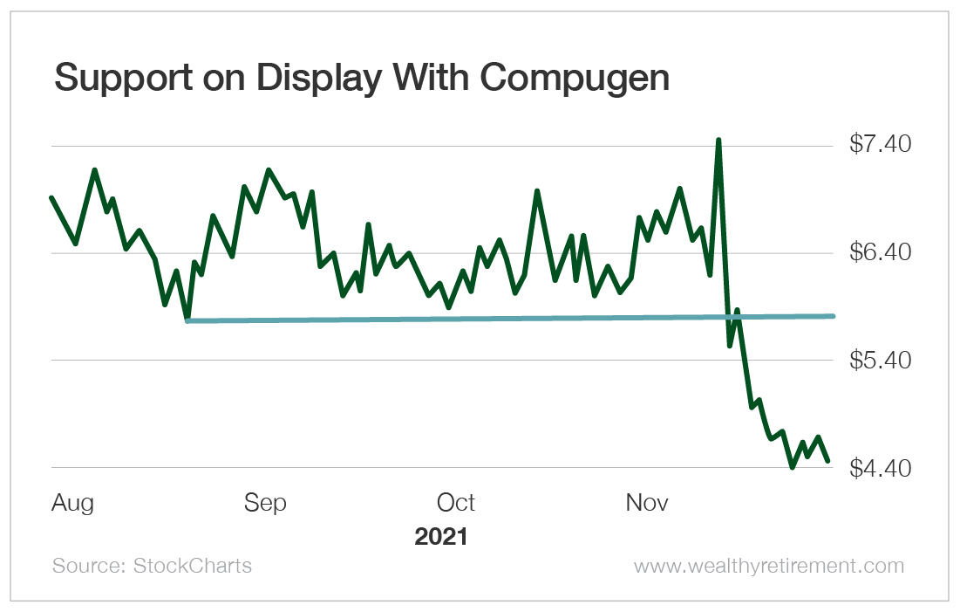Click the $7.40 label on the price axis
880,145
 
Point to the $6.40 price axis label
880,253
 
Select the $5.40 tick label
880,361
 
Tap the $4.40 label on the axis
880,469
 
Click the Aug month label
72,504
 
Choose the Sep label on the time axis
265,504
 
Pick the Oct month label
456,504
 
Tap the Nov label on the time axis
647,504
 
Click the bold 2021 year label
440,536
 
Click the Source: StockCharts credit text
152,566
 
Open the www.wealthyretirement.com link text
768,566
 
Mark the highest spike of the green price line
718,140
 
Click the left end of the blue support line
188,320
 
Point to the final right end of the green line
828,460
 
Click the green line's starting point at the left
51,198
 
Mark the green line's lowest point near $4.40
792,467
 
